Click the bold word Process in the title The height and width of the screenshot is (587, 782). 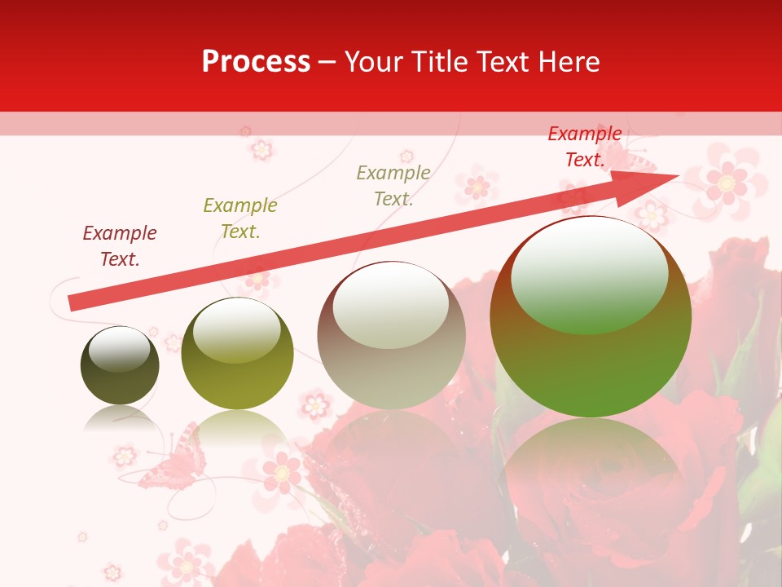[256, 62]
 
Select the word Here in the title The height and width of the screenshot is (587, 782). [568, 62]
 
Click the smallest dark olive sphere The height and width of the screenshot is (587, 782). [120, 365]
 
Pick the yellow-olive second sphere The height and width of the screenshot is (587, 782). [237, 354]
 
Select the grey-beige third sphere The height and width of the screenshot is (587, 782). [391, 335]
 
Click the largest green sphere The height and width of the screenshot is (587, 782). [591, 317]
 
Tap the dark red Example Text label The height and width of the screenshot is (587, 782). [120, 246]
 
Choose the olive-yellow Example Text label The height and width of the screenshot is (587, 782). [240, 218]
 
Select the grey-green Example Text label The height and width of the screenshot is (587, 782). [393, 185]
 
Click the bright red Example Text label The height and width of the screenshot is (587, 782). [585, 147]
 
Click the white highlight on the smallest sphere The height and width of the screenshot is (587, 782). [119, 349]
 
